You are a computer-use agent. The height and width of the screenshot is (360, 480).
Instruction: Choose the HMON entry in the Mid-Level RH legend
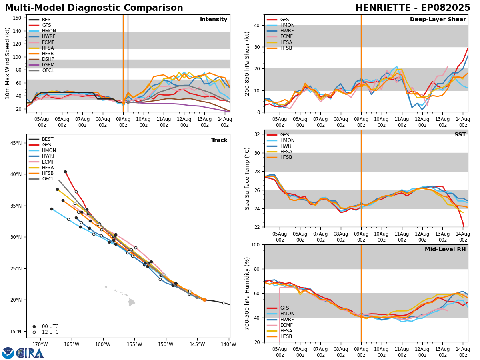pos(286,314)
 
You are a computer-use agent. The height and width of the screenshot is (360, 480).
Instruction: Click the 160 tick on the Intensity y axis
pos(18,18)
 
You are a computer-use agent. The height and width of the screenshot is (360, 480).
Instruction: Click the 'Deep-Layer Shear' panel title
pos(438,20)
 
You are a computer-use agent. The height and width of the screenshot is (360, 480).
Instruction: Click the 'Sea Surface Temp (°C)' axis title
pos(248,178)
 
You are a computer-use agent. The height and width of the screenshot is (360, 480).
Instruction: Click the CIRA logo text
pos(30,353)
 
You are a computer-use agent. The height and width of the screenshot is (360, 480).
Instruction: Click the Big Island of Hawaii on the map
pos(131,302)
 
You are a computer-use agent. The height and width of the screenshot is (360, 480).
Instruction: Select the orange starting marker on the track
pos(204,299)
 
